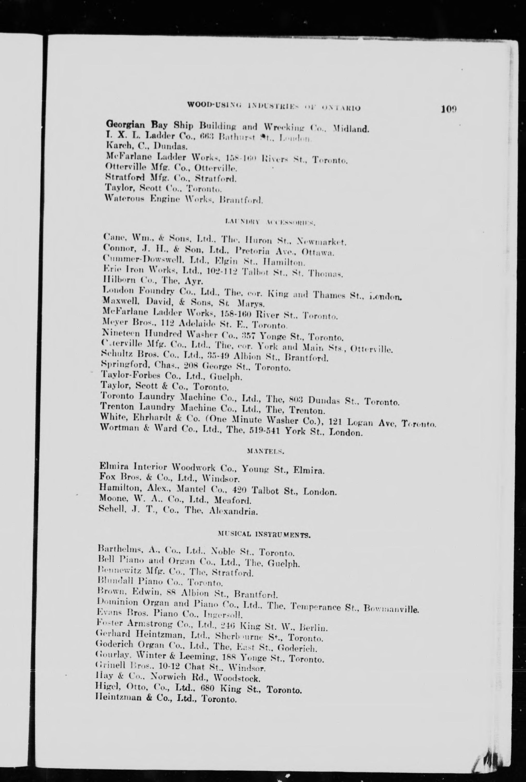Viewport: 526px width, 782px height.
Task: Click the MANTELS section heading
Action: (265, 451)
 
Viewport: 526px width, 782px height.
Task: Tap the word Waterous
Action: (124, 198)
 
